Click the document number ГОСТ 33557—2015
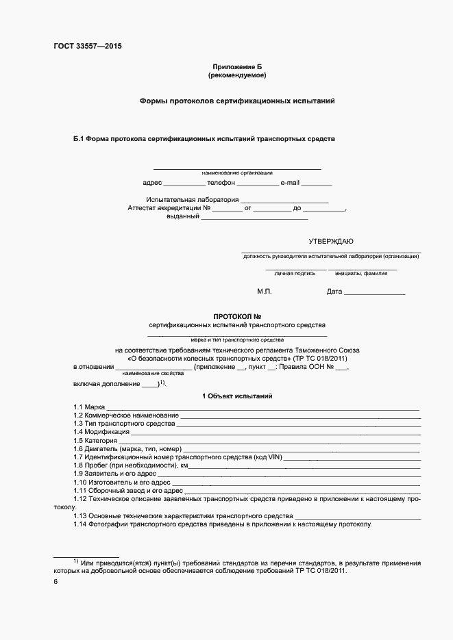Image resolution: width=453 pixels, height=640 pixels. click(87, 47)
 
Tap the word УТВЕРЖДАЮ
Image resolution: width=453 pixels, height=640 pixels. click(331, 241)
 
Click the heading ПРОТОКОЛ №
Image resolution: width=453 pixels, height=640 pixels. click(237, 316)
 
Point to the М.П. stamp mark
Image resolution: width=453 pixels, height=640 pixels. click(265, 292)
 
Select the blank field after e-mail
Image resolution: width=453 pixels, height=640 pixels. click(317, 183)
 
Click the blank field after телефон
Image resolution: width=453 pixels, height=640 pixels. click(258, 183)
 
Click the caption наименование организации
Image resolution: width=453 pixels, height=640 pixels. click(237, 173)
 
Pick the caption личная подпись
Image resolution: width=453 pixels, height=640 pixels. click(295, 273)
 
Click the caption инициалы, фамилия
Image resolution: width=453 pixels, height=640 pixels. click(361, 273)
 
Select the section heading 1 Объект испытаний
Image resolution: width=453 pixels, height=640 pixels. click(237, 396)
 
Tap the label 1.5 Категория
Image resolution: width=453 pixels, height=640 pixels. click(92, 440)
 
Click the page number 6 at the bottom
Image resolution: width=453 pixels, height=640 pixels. click(56, 582)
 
